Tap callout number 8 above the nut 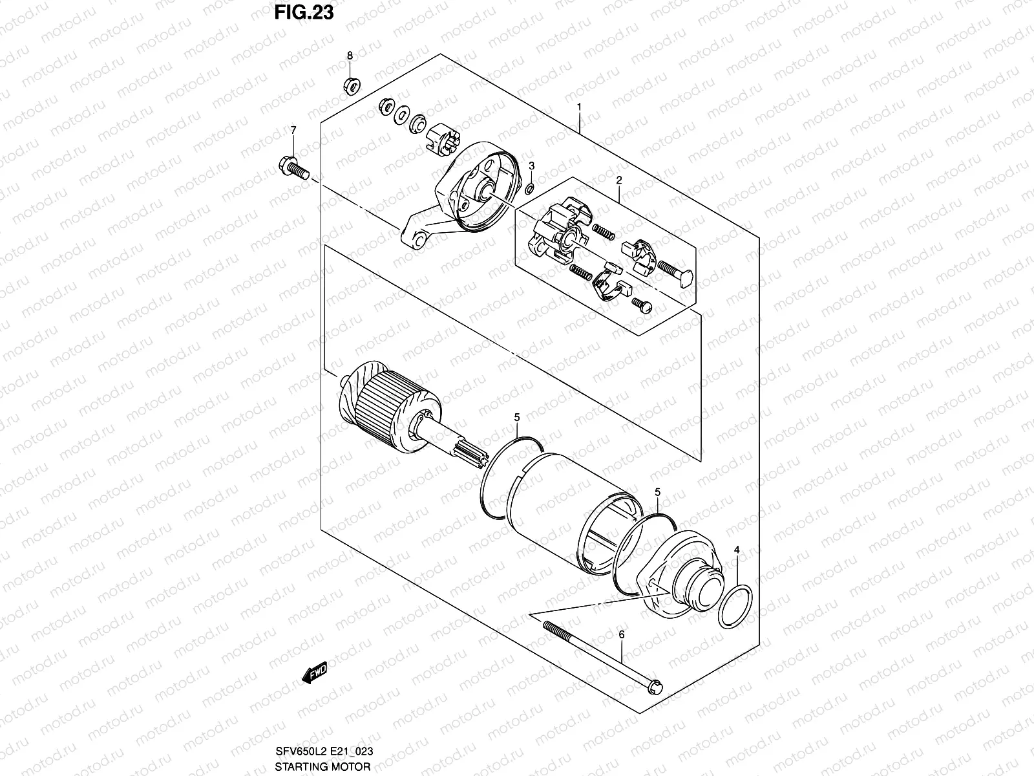(350, 56)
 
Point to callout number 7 (293, 131)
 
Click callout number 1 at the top (580, 107)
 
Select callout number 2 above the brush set (618, 180)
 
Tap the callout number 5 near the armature (517, 418)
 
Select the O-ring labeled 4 (735, 607)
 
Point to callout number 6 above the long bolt (622, 635)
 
